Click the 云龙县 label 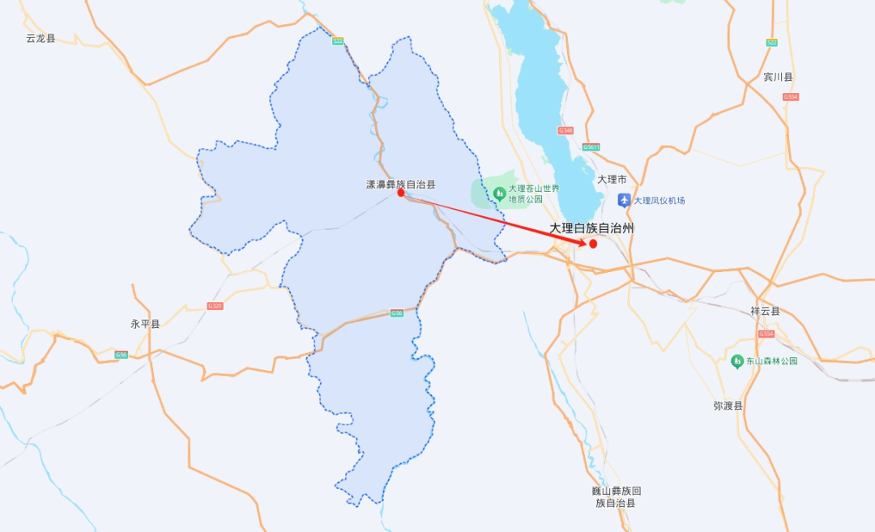pyautogui.click(x=41, y=38)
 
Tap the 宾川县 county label pyautogui.click(x=778, y=77)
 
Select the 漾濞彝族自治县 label pyautogui.click(x=400, y=185)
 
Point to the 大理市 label pyautogui.click(x=612, y=179)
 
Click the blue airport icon pyautogui.click(x=624, y=200)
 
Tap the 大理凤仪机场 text pyautogui.click(x=659, y=200)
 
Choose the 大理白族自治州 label pyautogui.click(x=591, y=228)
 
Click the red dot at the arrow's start pyautogui.click(x=401, y=193)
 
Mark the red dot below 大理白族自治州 pyautogui.click(x=593, y=244)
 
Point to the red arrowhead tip pyautogui.click(x=587, y=242)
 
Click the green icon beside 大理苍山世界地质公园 pyautogui.click(x=500, y=194)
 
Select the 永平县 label pyautogui.click(x=146, y=324)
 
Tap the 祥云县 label pyautogui.click(x=765, y=311)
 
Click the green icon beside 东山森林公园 pyautogui.click(x=737, y=360)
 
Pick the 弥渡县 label pyautogui.click(x=728, y=406)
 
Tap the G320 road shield pyautogui.click(x=215, y=306)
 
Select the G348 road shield pyautogui.click(x=566, y=130)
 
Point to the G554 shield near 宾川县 pyautogui.click(x=791, y=97)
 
